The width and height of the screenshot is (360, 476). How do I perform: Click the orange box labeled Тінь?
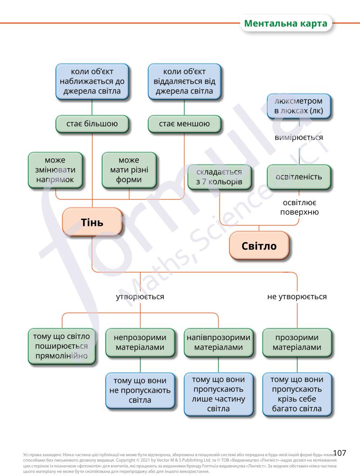click(x=92, y=222)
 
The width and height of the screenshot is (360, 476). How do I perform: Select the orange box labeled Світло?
click(x=259, y=246)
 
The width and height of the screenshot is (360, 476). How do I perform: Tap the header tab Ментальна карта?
click(x=286, y=23)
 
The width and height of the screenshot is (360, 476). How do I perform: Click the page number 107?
click(x=339, y=453)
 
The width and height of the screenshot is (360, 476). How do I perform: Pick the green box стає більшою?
click(x=92, y=124)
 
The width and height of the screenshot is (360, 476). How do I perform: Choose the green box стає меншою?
click(x=184, y=124)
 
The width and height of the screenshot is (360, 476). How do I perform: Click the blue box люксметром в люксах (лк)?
click(x=299, y=106)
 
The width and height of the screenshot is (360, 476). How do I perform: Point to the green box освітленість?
click(x=299, y=176)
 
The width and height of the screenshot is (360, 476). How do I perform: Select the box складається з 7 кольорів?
click(x=219, y=176)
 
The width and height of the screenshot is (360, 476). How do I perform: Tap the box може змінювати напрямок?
click(x=55, y=170)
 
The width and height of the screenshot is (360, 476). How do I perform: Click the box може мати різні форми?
click(x=129, y=170)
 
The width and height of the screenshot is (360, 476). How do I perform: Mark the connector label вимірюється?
click(x=299, y=137)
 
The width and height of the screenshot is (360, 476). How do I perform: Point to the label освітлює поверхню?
click(x=299, y=207)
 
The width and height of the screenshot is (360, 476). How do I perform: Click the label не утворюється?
click(x=297, y=297)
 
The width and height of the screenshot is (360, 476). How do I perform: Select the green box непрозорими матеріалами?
click(x=140, y=342)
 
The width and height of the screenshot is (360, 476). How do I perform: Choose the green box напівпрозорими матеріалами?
click(x=219, y=342)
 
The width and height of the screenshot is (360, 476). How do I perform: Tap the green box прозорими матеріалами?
click(x=297, y=342)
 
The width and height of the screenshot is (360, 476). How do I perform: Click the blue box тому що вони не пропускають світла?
click(x=140, y=390)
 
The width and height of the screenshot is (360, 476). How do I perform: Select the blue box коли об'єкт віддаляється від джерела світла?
click(x=184, y=81)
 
